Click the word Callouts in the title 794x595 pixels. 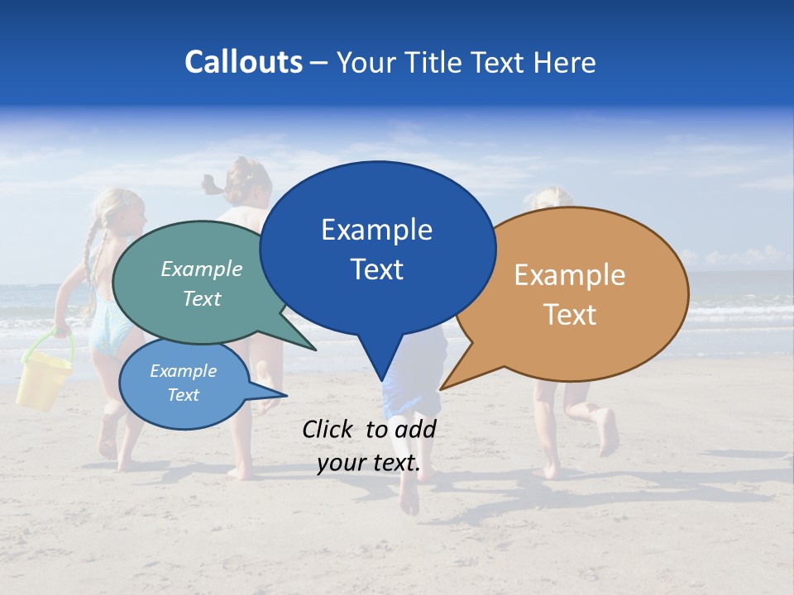243,63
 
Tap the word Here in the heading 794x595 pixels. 565,63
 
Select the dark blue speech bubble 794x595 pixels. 377,248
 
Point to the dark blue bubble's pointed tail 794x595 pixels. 380,364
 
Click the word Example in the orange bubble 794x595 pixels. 570,275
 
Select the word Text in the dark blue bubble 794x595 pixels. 377,269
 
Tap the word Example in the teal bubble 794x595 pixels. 202,269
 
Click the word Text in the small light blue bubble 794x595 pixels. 184,395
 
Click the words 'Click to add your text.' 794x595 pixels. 369,446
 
